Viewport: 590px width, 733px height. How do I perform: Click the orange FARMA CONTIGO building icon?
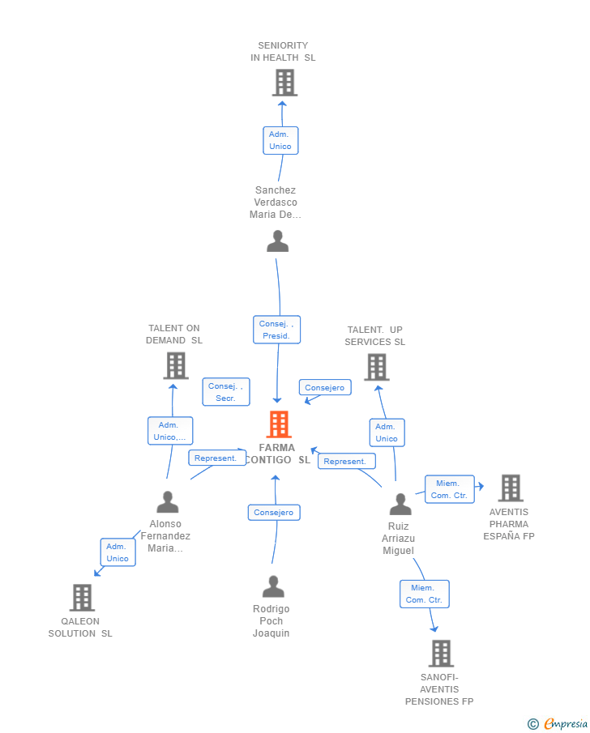(x=279, y=424)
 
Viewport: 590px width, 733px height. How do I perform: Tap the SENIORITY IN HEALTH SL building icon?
(x=285, y=83)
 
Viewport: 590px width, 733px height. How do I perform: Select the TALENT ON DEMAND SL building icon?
(x=176, y=365)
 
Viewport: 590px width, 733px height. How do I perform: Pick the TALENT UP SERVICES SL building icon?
(x=377, y=367)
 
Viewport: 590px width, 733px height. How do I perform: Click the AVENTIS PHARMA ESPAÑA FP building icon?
(x=511, y=488)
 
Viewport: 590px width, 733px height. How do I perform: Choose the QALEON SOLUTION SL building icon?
(x=82, y=598)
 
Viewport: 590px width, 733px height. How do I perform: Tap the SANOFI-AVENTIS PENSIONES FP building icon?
(x=441, y=653)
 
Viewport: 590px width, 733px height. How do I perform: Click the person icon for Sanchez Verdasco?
(x=277, y=241)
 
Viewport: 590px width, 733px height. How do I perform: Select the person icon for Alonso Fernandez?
(x=168, y=502)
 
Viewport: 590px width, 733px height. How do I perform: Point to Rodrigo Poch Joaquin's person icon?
(x=273, y=586)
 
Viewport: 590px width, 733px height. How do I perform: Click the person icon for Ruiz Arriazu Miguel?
(x=400, y=504)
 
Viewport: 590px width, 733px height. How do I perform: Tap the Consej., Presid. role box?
(x=276, y=330)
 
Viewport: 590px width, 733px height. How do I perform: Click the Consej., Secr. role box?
(x=226, y=392)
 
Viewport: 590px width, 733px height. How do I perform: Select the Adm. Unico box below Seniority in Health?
(x=280, y=140)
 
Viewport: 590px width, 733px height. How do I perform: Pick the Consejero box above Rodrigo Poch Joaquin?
(x=274, y=513)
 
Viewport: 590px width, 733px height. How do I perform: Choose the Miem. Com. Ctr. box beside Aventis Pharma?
(x=449, y=489)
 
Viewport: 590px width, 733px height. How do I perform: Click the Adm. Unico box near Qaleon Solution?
(x=118, y=552)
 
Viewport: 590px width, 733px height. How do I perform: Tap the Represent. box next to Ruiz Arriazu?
(x=346, y=461)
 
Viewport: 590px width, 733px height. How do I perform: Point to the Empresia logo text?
(x=566, y=723)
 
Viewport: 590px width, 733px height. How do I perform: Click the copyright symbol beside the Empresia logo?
(x=533, y=724)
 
